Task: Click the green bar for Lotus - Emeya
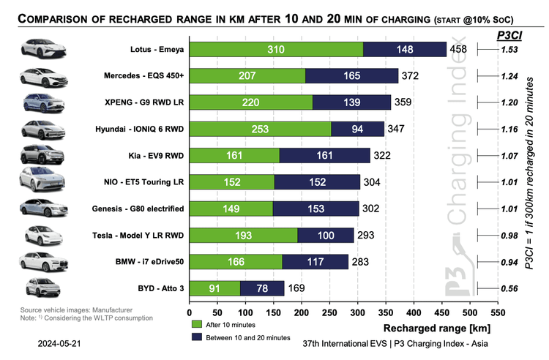276,49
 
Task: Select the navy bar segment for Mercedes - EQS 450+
351,75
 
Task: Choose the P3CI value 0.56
510,288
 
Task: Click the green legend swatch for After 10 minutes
195,323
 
